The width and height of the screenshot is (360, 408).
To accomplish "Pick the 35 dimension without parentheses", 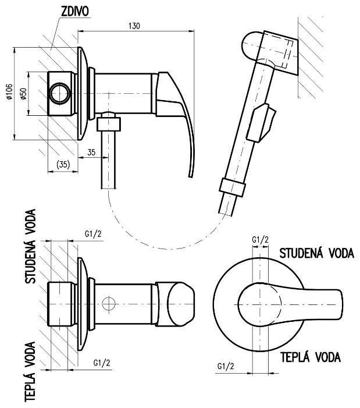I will tap(91, 152).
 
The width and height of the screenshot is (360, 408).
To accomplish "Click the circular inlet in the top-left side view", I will tap(59, 93).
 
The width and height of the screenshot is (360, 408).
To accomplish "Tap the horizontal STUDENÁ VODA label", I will tap(317, 254).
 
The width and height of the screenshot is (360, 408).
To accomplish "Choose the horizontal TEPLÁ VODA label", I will tap(310, 356).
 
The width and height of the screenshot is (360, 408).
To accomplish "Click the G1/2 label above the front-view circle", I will tap(260, 240).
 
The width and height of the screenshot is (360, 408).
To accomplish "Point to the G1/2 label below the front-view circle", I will tap(226, 366).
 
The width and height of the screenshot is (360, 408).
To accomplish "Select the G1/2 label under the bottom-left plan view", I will tap(104, 363).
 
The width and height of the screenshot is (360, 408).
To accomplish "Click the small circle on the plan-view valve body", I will tap(106, 303).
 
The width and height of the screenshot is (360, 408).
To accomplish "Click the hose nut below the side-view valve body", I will tap(109, 123).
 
